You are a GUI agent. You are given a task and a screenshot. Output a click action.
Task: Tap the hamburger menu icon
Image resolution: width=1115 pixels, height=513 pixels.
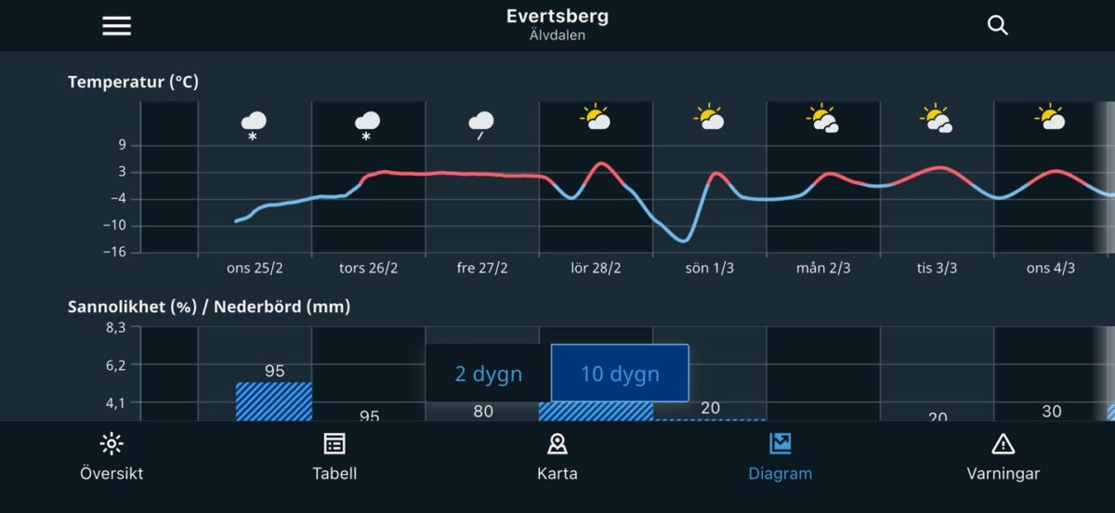116,26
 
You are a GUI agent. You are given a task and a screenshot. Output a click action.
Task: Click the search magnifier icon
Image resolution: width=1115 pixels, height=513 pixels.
998,26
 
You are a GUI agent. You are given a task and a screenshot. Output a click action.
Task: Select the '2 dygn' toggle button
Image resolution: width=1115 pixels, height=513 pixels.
489,375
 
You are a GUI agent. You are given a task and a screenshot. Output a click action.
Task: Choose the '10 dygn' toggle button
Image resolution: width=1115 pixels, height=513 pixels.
620,375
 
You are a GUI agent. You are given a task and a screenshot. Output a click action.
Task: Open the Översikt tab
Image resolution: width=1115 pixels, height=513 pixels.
111,457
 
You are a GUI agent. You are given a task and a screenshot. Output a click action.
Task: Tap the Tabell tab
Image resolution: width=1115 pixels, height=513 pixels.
334,457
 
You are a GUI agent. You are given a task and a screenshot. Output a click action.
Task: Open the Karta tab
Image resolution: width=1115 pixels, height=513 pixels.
557,457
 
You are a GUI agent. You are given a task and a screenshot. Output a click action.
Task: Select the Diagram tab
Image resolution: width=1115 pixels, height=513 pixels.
780,457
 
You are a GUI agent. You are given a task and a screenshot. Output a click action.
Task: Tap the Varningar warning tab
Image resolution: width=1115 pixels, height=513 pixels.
1003,457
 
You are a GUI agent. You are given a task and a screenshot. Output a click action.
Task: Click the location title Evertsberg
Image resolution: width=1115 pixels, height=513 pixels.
557,17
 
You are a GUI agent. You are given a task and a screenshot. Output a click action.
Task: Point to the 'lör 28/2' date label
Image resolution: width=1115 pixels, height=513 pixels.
596,269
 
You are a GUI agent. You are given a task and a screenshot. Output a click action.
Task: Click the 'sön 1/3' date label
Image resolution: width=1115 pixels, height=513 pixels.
709,269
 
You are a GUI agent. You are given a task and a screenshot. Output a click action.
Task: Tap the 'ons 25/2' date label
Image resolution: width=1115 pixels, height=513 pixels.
255,269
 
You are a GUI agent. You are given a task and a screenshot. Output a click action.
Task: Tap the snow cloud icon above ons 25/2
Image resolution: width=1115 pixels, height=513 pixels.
254,123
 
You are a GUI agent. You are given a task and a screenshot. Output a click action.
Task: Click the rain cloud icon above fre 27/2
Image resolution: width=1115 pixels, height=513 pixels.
480,123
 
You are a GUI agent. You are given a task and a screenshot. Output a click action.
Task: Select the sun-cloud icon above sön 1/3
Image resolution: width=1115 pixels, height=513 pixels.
709,118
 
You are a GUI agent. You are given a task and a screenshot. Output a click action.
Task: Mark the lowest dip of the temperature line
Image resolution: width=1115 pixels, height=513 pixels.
684,241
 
